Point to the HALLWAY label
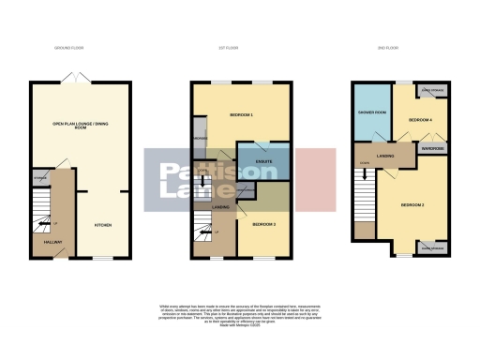tap(52, 241)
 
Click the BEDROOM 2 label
tap(413, 203)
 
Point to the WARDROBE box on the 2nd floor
tap(432, 148)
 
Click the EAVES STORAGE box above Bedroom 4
tap(432, 90)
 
